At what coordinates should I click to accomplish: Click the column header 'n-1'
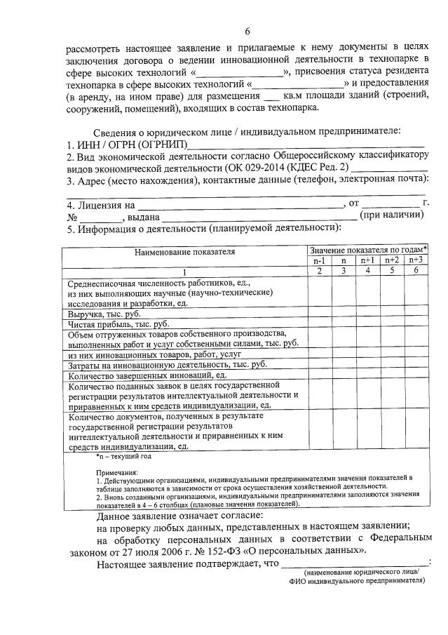pyautogui.click(x=319, y=260)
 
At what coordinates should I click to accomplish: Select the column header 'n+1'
pyautogui.click(x=368, y=260)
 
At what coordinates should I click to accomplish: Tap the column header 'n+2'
pyautogui.click(x=392, y=260)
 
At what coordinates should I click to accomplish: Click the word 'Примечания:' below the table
pyautogui.click(x=117, y=472)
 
